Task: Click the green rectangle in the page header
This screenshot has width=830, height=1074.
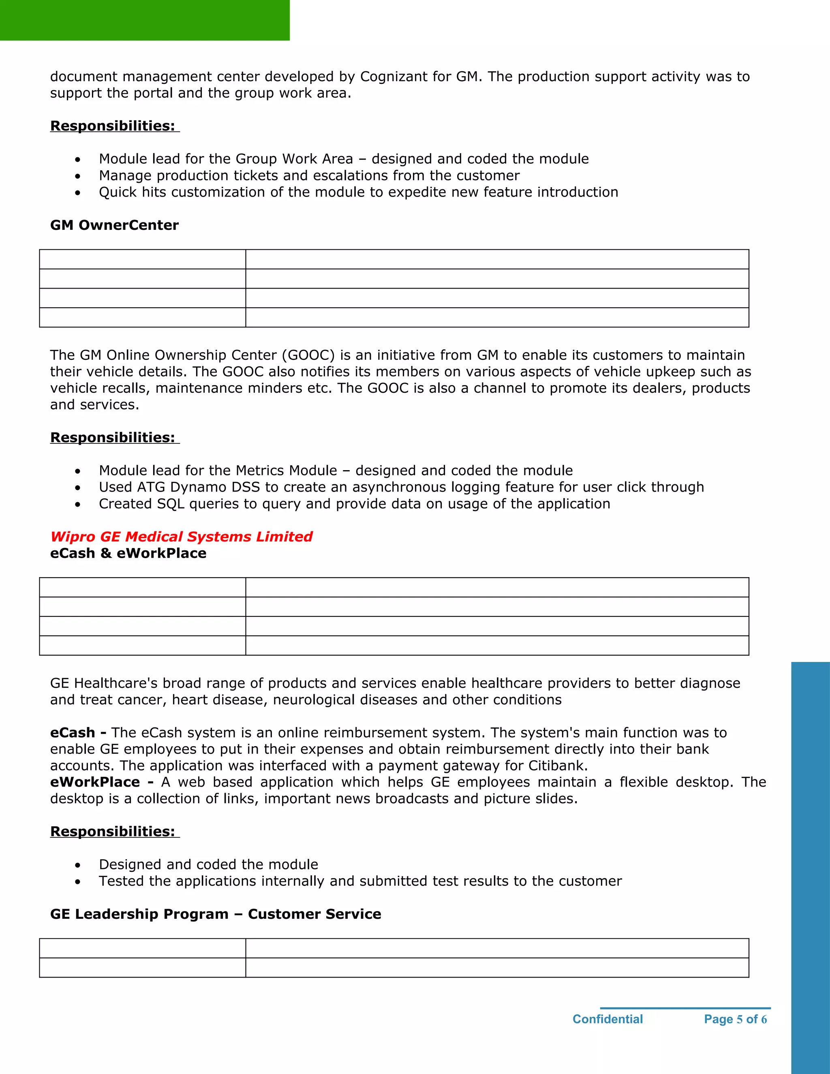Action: click(x=145, y=20)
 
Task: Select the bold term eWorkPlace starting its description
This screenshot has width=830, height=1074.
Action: click(x=95, y=782)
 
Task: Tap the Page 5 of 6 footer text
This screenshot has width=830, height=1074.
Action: click(x=735, y=1019)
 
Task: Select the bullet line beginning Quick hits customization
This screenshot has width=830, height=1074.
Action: click(x=358, y=192)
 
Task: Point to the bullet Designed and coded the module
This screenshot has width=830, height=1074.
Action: click(x=208, y=864)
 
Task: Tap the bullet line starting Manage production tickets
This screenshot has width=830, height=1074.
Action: click(x=309, y=175)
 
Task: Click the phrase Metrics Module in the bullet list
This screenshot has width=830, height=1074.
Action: click(x=286, y=471)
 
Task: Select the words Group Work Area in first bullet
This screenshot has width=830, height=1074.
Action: click(x=294, y=159)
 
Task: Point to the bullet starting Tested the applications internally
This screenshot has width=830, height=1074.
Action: click(x=360, y=881)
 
